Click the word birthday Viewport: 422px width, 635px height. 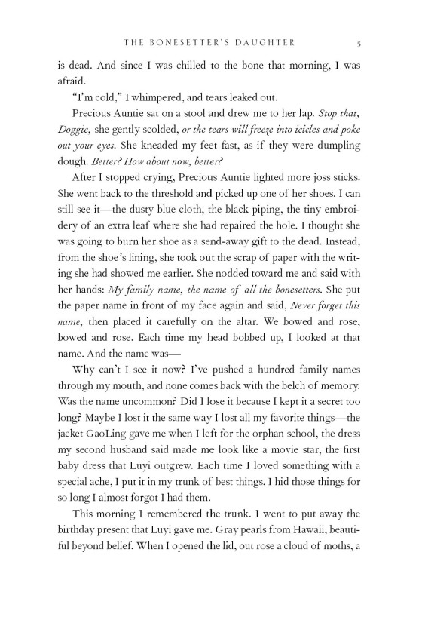click(81, 552)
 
